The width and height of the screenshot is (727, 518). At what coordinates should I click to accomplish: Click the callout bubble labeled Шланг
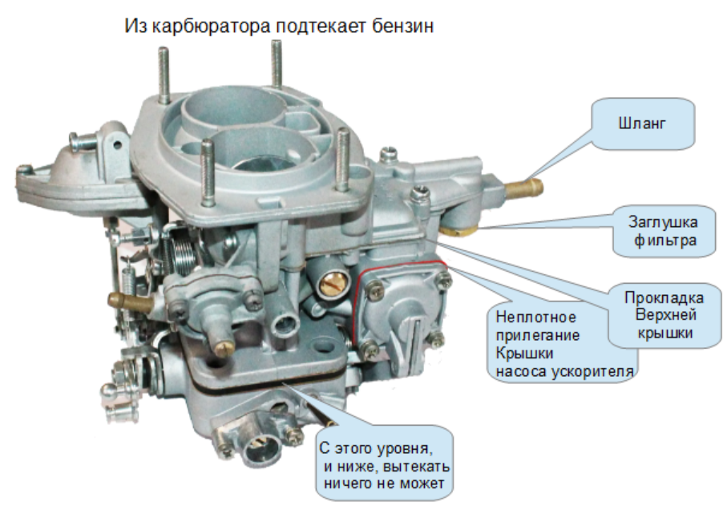(643, 123)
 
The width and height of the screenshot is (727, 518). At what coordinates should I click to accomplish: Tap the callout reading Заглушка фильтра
(664, 231)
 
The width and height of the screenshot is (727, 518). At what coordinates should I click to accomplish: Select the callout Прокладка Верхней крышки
(664, 315)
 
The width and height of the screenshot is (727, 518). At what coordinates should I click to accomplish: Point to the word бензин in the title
(403, 26)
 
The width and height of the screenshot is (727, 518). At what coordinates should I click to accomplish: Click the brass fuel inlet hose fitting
(523, 188)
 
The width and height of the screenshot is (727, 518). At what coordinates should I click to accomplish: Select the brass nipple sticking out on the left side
(131, 301)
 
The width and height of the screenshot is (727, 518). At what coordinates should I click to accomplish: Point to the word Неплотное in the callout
(535, 318)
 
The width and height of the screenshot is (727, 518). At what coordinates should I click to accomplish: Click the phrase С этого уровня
(376, 448)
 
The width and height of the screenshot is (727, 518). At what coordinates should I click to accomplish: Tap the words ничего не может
(383, 484)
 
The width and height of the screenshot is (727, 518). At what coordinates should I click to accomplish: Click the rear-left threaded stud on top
(163, 75)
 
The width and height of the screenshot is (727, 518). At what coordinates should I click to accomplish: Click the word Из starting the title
(135, 26)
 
